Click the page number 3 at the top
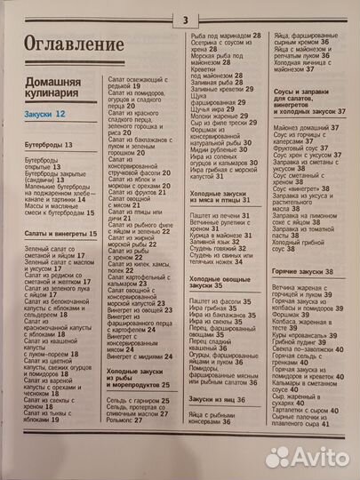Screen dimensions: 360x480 [185, 20]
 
